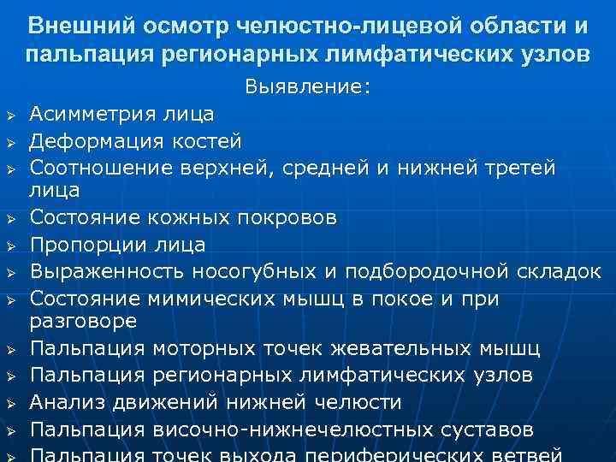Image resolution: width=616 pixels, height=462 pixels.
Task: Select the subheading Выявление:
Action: point(308,87)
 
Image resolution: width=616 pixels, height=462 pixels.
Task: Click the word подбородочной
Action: point(442,272)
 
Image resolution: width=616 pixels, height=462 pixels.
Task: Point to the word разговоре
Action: point(83,321)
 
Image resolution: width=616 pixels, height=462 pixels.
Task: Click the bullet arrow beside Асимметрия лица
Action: point(11,115)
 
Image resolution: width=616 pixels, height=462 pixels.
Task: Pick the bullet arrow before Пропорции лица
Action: point(11,246)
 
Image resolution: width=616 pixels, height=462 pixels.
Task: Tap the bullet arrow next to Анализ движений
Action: point(11,402)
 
